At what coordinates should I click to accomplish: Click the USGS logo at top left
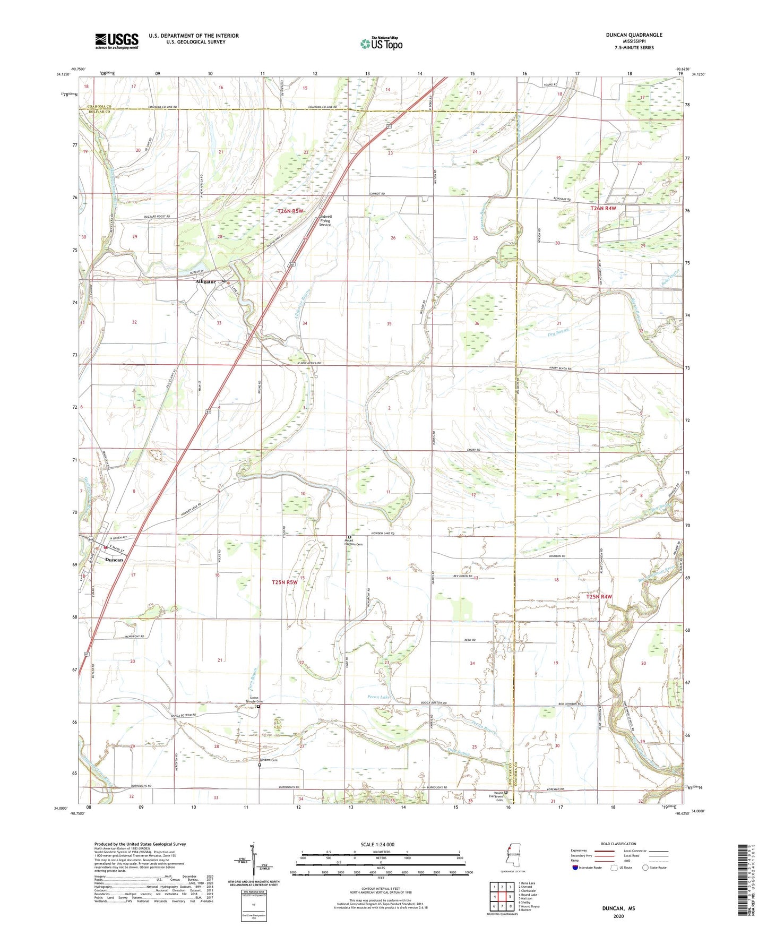pos(117,41)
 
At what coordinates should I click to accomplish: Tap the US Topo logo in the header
pos(381,44)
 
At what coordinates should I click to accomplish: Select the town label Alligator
pos(205,281)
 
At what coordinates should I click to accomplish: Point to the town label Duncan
pos(114,560)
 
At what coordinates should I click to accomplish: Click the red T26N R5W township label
pos(291,211)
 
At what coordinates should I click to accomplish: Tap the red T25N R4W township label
pos(599,597)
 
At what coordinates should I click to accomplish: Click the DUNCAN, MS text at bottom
pos(618,908)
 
